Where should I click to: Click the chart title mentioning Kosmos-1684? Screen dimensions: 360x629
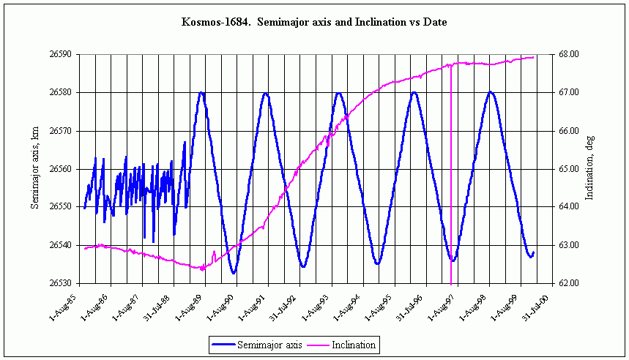pos(314,23)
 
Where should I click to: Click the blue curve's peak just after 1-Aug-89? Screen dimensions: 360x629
pos(201,92)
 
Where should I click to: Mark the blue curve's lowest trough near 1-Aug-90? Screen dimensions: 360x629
pos(234,273)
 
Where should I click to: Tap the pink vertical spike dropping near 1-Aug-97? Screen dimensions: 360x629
pos(451,183)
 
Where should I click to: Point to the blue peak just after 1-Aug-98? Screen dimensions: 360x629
pos(490,92)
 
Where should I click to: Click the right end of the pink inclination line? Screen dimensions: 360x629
pos(534,57)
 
